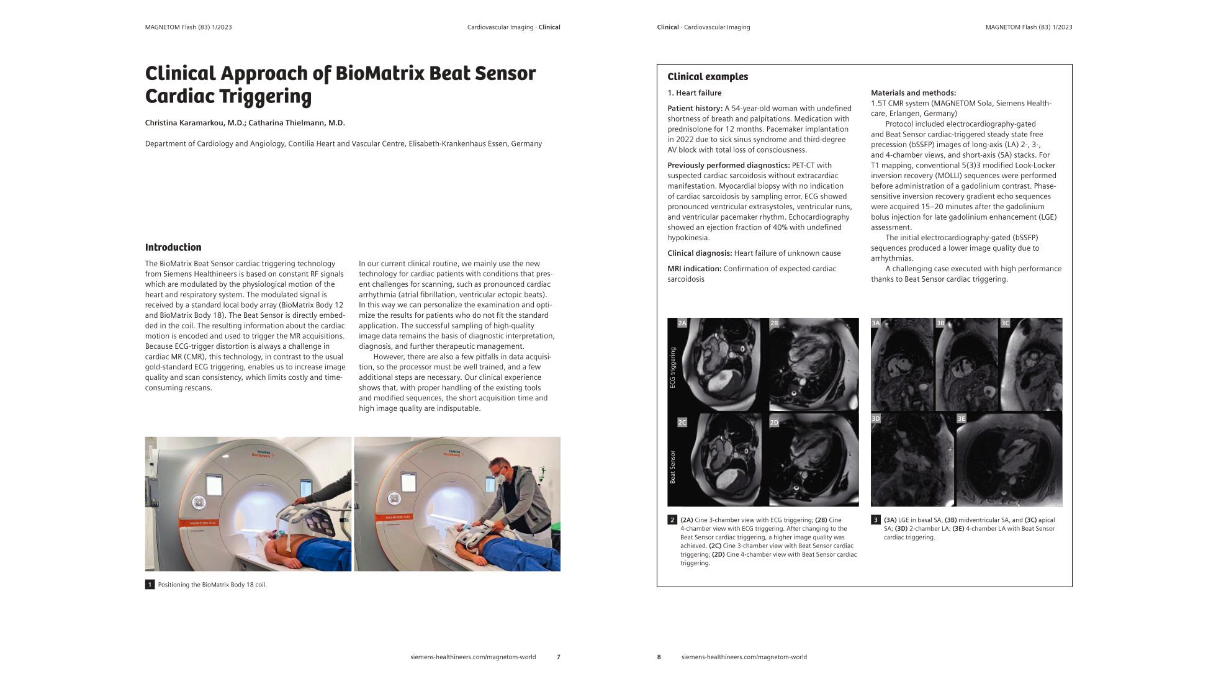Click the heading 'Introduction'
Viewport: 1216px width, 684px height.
pyautogui.click(x=173, y=247)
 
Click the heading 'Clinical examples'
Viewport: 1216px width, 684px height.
pyautogui.click(x=708, y=77)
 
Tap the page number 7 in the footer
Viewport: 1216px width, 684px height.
pyautogui.click(x=558, y=657)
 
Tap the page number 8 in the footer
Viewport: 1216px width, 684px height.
pyautogui.click(x=659, y=657)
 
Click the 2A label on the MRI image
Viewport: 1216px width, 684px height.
pyautogui.click(x=682, y=323)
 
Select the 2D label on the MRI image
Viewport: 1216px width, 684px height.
pyautogui.click(x=774, y=423)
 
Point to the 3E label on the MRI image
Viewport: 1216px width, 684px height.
pyautogui.click(x=961, y=419)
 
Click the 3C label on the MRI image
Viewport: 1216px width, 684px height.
pyautogui.click(x=1005, y=323)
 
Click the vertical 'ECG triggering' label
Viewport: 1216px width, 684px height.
pyautogui.click(x=672, y=367)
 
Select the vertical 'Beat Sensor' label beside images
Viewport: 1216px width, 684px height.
pyautogui.click(x=672, y=467)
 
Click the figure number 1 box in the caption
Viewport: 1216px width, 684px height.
pyautogui.click(x=150, y=585)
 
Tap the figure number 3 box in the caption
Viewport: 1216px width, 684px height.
pyautogui.click(x=876, y=520)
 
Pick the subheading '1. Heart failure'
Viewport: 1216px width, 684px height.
pyautogui.click(x=694, y=93)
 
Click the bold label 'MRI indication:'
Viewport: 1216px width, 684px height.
pyautogui.click(x=694, y=269)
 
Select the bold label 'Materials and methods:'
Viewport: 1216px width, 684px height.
pyautogui.click(x=913, y=93)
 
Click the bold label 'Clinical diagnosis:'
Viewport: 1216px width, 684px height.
pyautogui.click(x=700, y=253)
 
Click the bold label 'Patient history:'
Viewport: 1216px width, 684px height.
pyautogui.click(x=695, y=109)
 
